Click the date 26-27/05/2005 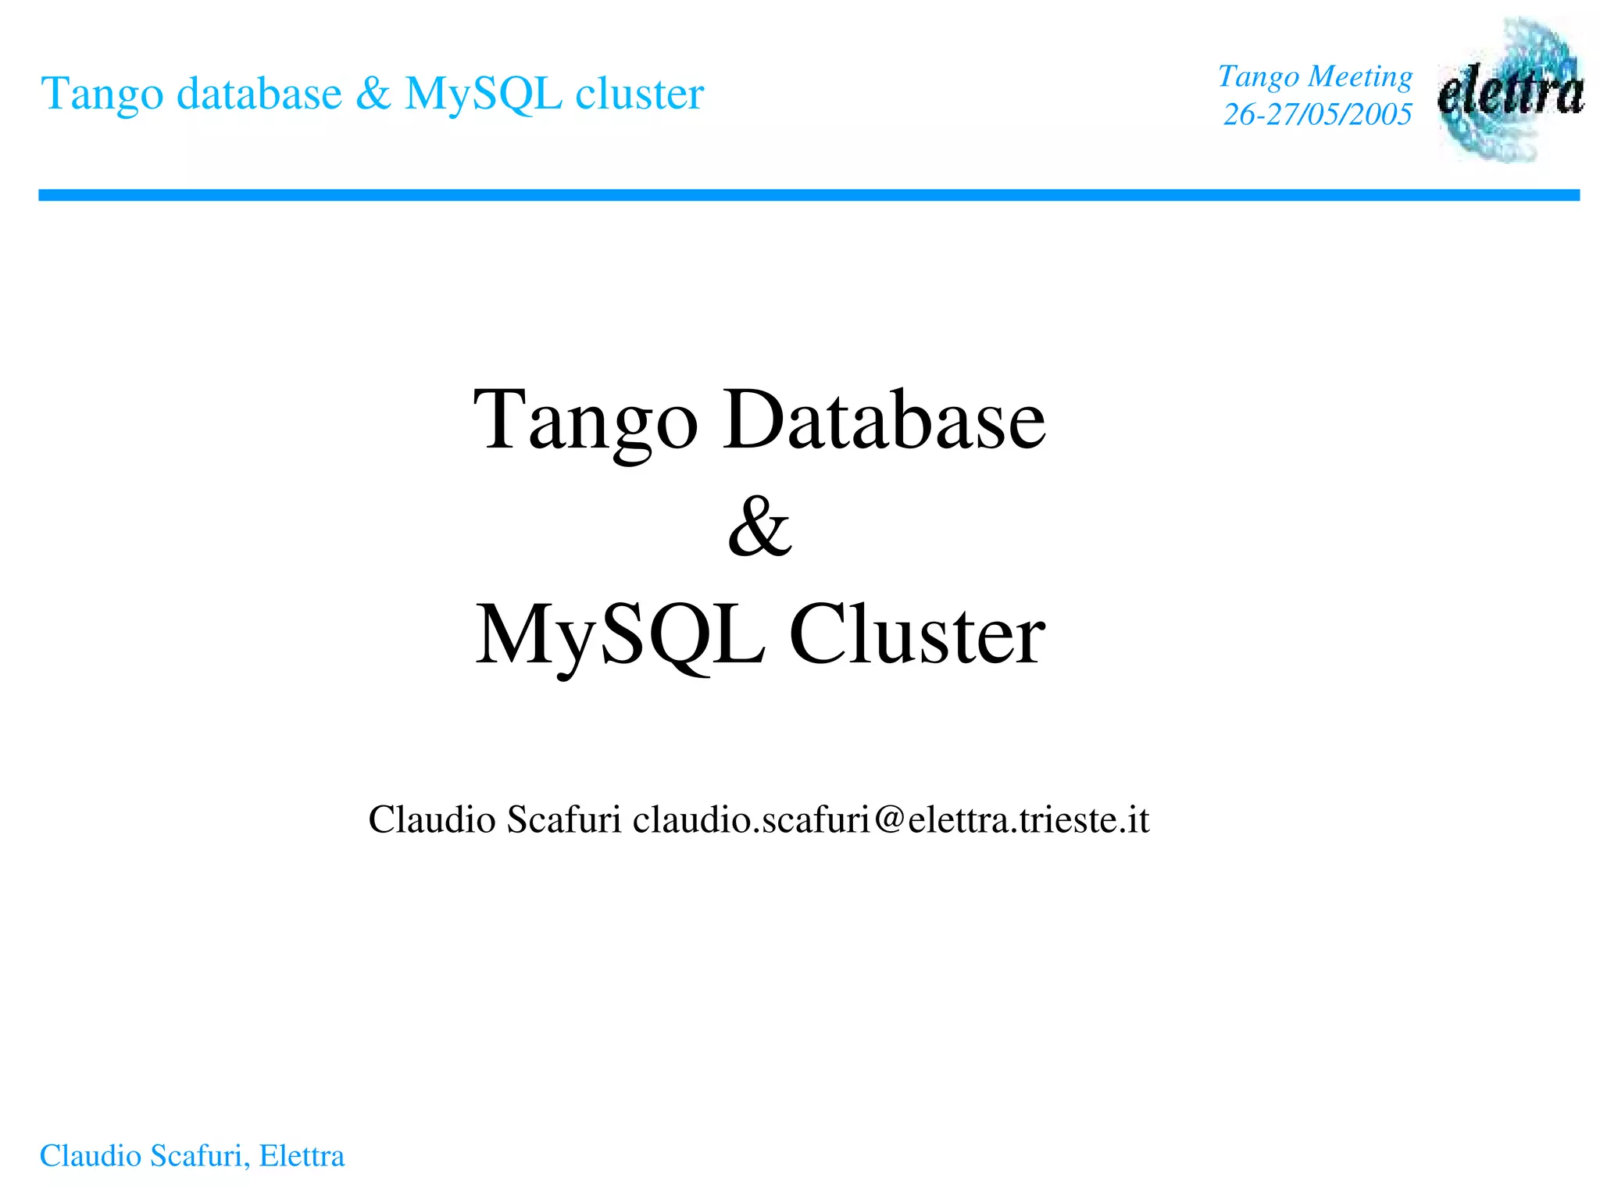coord(1317,115)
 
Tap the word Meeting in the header coord(1360,77)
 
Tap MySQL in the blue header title coord(484,95)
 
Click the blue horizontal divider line coord(809,195)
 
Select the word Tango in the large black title coord(585,422)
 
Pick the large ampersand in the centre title coord(759,526)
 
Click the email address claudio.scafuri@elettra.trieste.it coord(891,820)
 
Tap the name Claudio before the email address coord(432,820)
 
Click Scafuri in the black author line coord(563,820)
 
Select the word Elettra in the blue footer coord(302,1156)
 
